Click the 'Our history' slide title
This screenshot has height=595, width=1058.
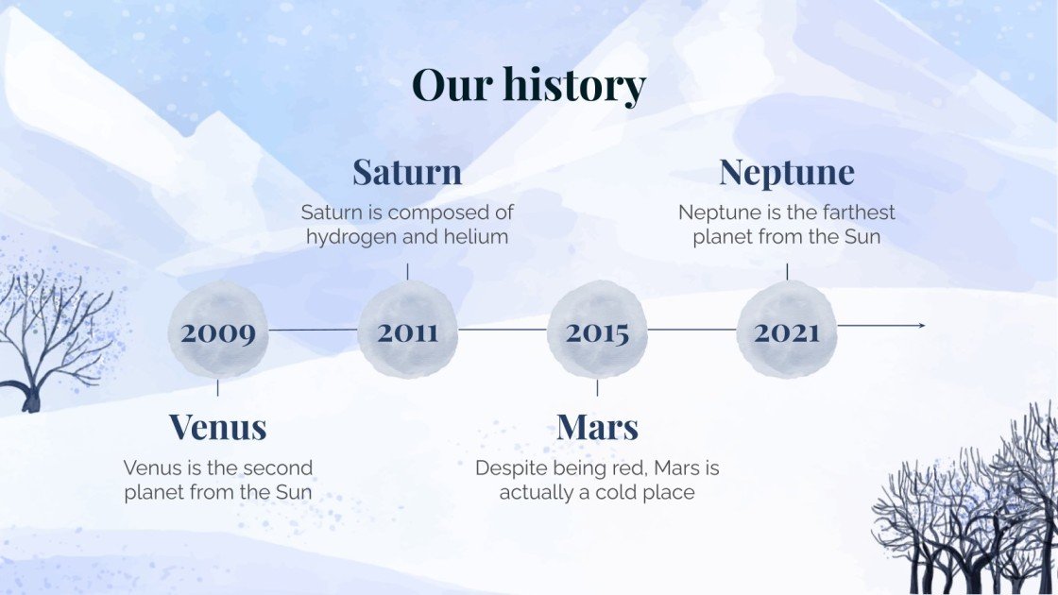click(529, 85)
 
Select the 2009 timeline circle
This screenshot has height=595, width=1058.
click(218, 330)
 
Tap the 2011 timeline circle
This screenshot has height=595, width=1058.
click(407, 330)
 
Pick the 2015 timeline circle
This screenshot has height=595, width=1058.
click(597, 330)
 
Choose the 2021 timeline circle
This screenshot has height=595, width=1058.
click(787, 330)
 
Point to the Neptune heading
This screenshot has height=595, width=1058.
click(787, 173)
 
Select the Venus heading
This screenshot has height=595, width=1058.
click(218, 427)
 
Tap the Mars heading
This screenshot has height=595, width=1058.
click(597, 427)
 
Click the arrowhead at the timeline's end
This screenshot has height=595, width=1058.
click(922, 326)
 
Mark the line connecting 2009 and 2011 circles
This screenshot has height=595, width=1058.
click(313, 330)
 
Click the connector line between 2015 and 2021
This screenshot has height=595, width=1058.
click(692, 330)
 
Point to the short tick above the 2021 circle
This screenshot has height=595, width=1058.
click(787, 272)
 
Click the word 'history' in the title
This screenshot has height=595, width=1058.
click(574, 86)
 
